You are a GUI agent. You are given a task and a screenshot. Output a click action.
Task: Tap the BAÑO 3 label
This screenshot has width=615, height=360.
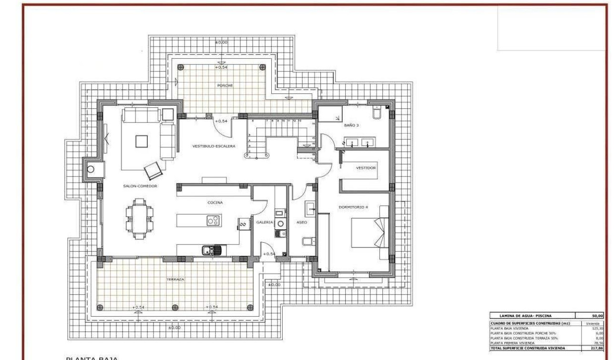(x=351, y=125)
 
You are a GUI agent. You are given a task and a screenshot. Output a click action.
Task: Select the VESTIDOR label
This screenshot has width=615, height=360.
(x=366, y=168)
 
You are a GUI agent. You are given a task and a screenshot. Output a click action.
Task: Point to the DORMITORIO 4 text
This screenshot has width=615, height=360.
(x=353, y=207)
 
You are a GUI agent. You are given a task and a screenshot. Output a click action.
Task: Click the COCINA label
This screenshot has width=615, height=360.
(x=215, y=203)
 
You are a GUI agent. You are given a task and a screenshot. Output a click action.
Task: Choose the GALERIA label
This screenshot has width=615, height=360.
(x=265, y=222)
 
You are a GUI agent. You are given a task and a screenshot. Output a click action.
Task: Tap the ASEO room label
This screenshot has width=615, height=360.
(x=302, y=222)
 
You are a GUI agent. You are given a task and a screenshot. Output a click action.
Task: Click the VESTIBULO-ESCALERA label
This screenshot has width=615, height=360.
(x=214, y=146)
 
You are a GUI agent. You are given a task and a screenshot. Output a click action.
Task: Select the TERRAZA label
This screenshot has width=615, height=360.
(x=175, y=279)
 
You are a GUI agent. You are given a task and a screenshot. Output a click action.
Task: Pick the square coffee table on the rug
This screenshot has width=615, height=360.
(x=142, y=142)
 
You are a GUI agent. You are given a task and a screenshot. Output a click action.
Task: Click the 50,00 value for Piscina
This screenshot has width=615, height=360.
(x=597, y=316)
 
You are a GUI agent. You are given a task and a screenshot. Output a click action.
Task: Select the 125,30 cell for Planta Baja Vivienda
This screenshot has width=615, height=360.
(x=597, y=328)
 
